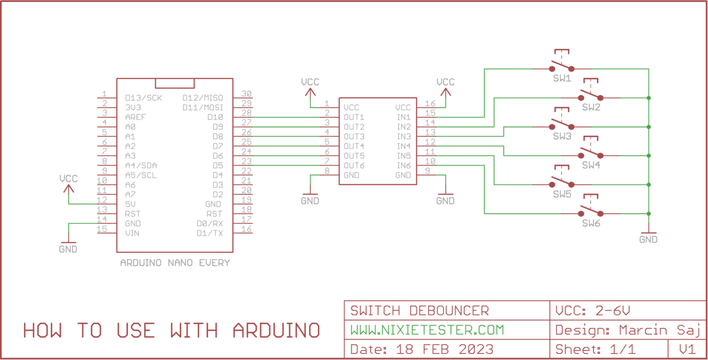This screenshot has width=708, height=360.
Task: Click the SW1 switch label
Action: coord(562,78)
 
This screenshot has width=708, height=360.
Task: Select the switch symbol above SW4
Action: coord(591,152)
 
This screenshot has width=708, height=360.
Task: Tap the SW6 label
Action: coord(591,224)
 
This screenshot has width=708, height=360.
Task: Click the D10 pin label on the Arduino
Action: coord(215,117)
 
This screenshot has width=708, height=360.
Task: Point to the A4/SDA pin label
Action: coord(141,165)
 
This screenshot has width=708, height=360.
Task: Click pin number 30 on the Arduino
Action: coord(247,94)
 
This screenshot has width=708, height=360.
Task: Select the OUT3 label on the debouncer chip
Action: coord(355,136)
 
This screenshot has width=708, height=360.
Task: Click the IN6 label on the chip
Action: coord(404,165)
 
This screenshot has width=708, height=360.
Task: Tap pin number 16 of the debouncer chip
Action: coord(430,104)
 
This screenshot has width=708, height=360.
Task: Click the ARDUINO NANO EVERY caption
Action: coord(175,263)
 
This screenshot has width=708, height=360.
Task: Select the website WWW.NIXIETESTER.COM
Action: coord(427,329)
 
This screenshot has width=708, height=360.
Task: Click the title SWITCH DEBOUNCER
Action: coord(419,310)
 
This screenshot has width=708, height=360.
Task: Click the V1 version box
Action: coord(687,349)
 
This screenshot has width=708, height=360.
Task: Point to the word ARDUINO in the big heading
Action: coord(277,330)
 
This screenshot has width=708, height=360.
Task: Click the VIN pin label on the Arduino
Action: coord(132,233)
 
